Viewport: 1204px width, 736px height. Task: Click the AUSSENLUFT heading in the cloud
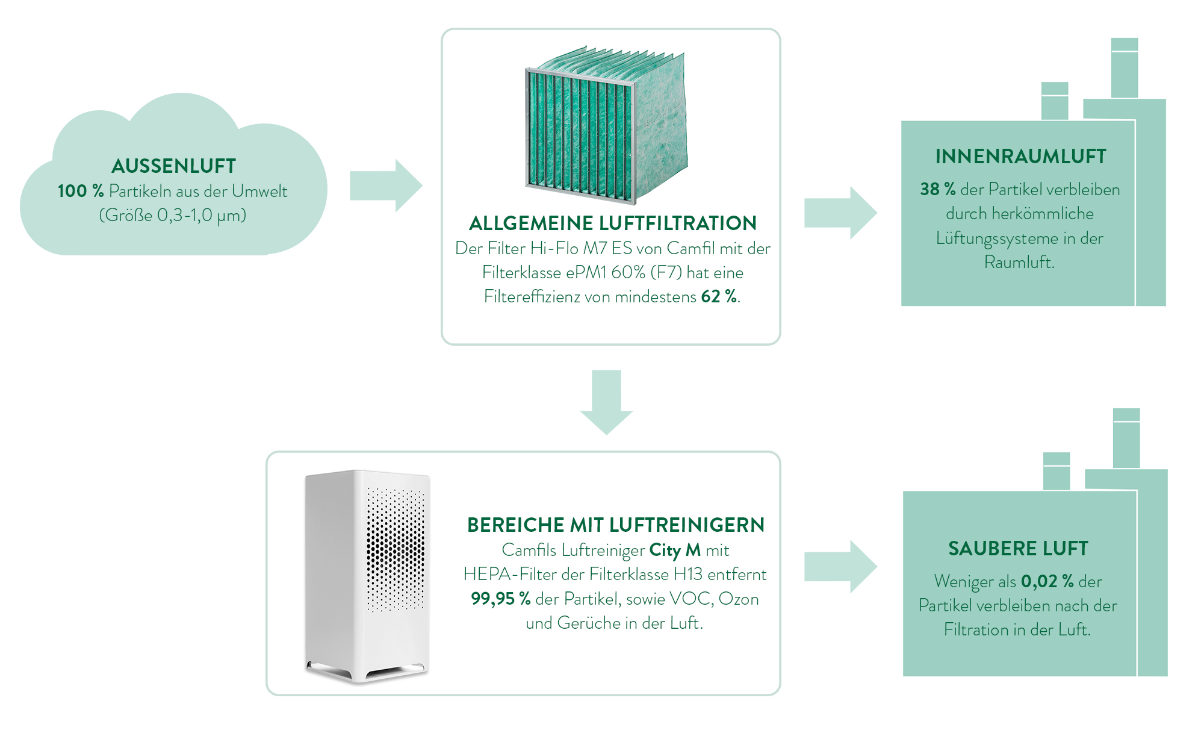click(x=173, y=166)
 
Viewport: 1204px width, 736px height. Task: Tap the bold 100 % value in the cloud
click(x=81, y=192)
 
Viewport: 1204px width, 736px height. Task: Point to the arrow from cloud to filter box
click(x=385, y=186)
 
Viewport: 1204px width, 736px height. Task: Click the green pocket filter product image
click(x=607, y=126)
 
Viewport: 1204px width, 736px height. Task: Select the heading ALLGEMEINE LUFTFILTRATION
click(x=612, y=223)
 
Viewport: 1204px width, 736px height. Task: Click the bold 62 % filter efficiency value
click(x=719, y=297)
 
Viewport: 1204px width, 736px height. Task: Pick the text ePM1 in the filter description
click(x=586, y=273)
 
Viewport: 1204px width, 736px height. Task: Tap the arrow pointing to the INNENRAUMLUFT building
click(x=840, y=213)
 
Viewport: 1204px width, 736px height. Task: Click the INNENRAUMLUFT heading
click(x=1020, y=157)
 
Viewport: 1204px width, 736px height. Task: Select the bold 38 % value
click(x=937, y=190)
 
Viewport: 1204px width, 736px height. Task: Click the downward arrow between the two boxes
click(x=606, y=401)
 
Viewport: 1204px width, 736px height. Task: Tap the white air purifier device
click(x=367, y=576)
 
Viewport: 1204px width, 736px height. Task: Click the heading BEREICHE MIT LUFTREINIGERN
click(x=615, y=525)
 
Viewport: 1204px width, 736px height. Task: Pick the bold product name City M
click(x=675, y=550)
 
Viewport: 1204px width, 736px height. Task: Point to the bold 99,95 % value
click(x=500, y=599)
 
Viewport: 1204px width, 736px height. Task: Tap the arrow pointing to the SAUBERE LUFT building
click(x=840, y=567)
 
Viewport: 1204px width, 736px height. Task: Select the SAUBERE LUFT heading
click(x=1018, y=549)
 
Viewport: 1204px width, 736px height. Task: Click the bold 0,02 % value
click(x=1047, y=582)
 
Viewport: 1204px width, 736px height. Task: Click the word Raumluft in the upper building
click(x=1019, y=263)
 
